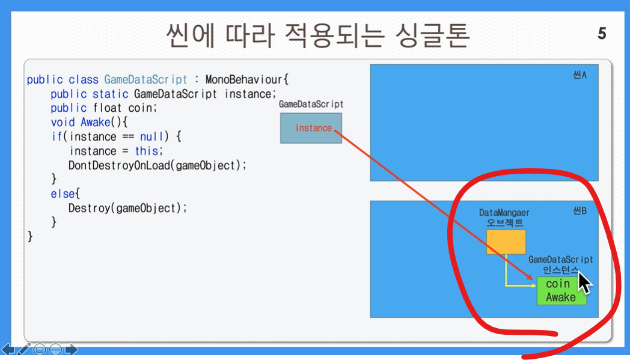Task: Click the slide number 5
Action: click(x=602, y=33)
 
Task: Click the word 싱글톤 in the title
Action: click(x=432, y=35)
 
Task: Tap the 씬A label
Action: click(x=580, y=75)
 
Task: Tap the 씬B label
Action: click(x=580, y=212)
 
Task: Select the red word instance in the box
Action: click(x=313, y=128)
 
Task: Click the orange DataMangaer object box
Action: click(x=506, y=242)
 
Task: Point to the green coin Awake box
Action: click(x=561, y=290)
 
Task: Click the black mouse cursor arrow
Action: click(x=584, y=283)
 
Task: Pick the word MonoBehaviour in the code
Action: click(x=243, y=79)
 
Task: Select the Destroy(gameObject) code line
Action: click(x=127, y=208)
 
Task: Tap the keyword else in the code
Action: click(x=63, y=194)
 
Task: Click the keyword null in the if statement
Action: click(x=152, y=136)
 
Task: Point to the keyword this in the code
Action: click(x=147, y=151)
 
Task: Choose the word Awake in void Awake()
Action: click(x=96, y=122)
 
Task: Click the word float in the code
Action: click(x=107, y=108)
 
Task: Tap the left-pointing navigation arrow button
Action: click(x=8, y=350)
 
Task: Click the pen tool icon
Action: click(x=23, y=349)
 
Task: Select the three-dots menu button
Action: click(x=56, y=350)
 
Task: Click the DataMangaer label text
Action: click(x=504, y=213)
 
